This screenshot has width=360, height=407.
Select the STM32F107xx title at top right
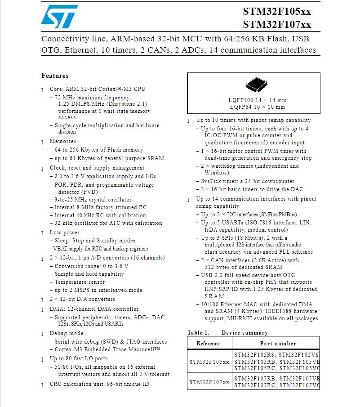click(277, 24)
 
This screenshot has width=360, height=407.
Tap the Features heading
click(55, 76)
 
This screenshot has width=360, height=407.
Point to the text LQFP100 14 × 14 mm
click(257, 100)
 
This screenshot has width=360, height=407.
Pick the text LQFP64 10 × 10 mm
click(257, 107)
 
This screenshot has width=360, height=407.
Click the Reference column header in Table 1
click(208, 344)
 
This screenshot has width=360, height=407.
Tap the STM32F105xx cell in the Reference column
click(209, 362)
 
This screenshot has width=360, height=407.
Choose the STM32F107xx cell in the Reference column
click(209, 382)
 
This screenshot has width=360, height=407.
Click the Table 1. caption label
click(198, 333)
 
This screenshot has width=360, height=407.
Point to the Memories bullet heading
click(63, 141)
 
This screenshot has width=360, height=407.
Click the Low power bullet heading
click(65, 233)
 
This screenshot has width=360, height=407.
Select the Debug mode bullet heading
click(67, 333)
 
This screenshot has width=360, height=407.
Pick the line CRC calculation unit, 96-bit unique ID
click(99, 384)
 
